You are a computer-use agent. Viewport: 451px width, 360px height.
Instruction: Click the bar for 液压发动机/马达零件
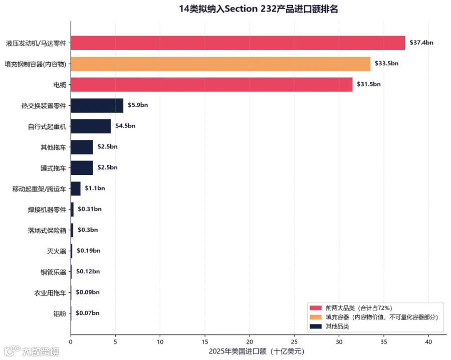pos(238,43)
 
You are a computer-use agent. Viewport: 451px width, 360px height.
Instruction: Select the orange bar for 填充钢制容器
pos(220,64)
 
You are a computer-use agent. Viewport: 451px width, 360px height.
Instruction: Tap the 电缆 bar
pos(211,85)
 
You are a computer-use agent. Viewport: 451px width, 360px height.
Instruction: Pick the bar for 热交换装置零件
pos(97,106)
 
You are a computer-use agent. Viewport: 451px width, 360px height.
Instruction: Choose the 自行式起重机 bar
pos(91,126)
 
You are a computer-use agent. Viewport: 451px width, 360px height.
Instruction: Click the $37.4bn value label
pos(421,43)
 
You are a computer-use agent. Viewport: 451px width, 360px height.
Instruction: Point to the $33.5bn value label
pos(386,63)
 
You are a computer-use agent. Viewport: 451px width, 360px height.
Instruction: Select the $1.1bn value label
pos(95,188)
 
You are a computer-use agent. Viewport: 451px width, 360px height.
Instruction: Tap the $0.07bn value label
pos(87,313)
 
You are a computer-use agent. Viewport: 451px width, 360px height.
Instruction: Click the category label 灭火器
pos(57,251)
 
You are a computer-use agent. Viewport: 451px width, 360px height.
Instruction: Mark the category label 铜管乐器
pos(54,272)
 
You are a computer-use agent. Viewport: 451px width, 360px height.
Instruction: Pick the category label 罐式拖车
pos(54,168)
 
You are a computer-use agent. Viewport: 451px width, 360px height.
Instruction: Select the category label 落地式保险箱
pos(47,231)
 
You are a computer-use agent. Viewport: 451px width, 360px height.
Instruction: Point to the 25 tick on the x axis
pos(294,342)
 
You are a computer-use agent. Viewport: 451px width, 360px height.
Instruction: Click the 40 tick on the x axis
pos(428,342)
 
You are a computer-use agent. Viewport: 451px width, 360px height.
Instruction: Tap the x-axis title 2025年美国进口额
pos(238,351)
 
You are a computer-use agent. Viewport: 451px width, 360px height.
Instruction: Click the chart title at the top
pos(258,9)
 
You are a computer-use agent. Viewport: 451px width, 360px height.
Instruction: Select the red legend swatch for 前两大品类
pos(316,308)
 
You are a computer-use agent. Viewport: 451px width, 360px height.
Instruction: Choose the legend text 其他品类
pos(337,326)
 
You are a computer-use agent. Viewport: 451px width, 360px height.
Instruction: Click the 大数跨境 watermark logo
pos(32,351)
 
